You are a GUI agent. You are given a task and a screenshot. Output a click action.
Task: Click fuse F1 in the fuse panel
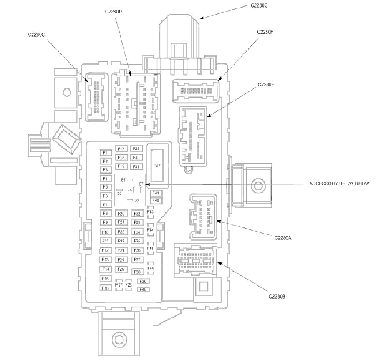click(106, 153)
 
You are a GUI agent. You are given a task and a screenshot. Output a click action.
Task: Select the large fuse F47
click(157, 166)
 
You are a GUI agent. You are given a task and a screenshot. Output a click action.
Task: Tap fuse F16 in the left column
click(106, 288)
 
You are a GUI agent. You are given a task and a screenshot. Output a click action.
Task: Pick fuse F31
click(136, 166)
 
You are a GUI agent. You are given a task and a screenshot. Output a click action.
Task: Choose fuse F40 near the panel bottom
click(143, 289)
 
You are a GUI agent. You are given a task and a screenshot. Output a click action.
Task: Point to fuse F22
click(121, 232)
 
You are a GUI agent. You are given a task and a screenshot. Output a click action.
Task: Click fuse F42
click(156, 201)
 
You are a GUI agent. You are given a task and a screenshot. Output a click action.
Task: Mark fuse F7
click(106, 205)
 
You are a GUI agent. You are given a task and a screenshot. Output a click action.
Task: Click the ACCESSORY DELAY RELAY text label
click(339, 184)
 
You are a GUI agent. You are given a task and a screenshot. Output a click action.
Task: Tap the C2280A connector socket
click(203, 217)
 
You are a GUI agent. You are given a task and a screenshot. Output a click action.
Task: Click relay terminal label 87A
click(128, 190)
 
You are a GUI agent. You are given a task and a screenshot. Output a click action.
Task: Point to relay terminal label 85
click(123, 180)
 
